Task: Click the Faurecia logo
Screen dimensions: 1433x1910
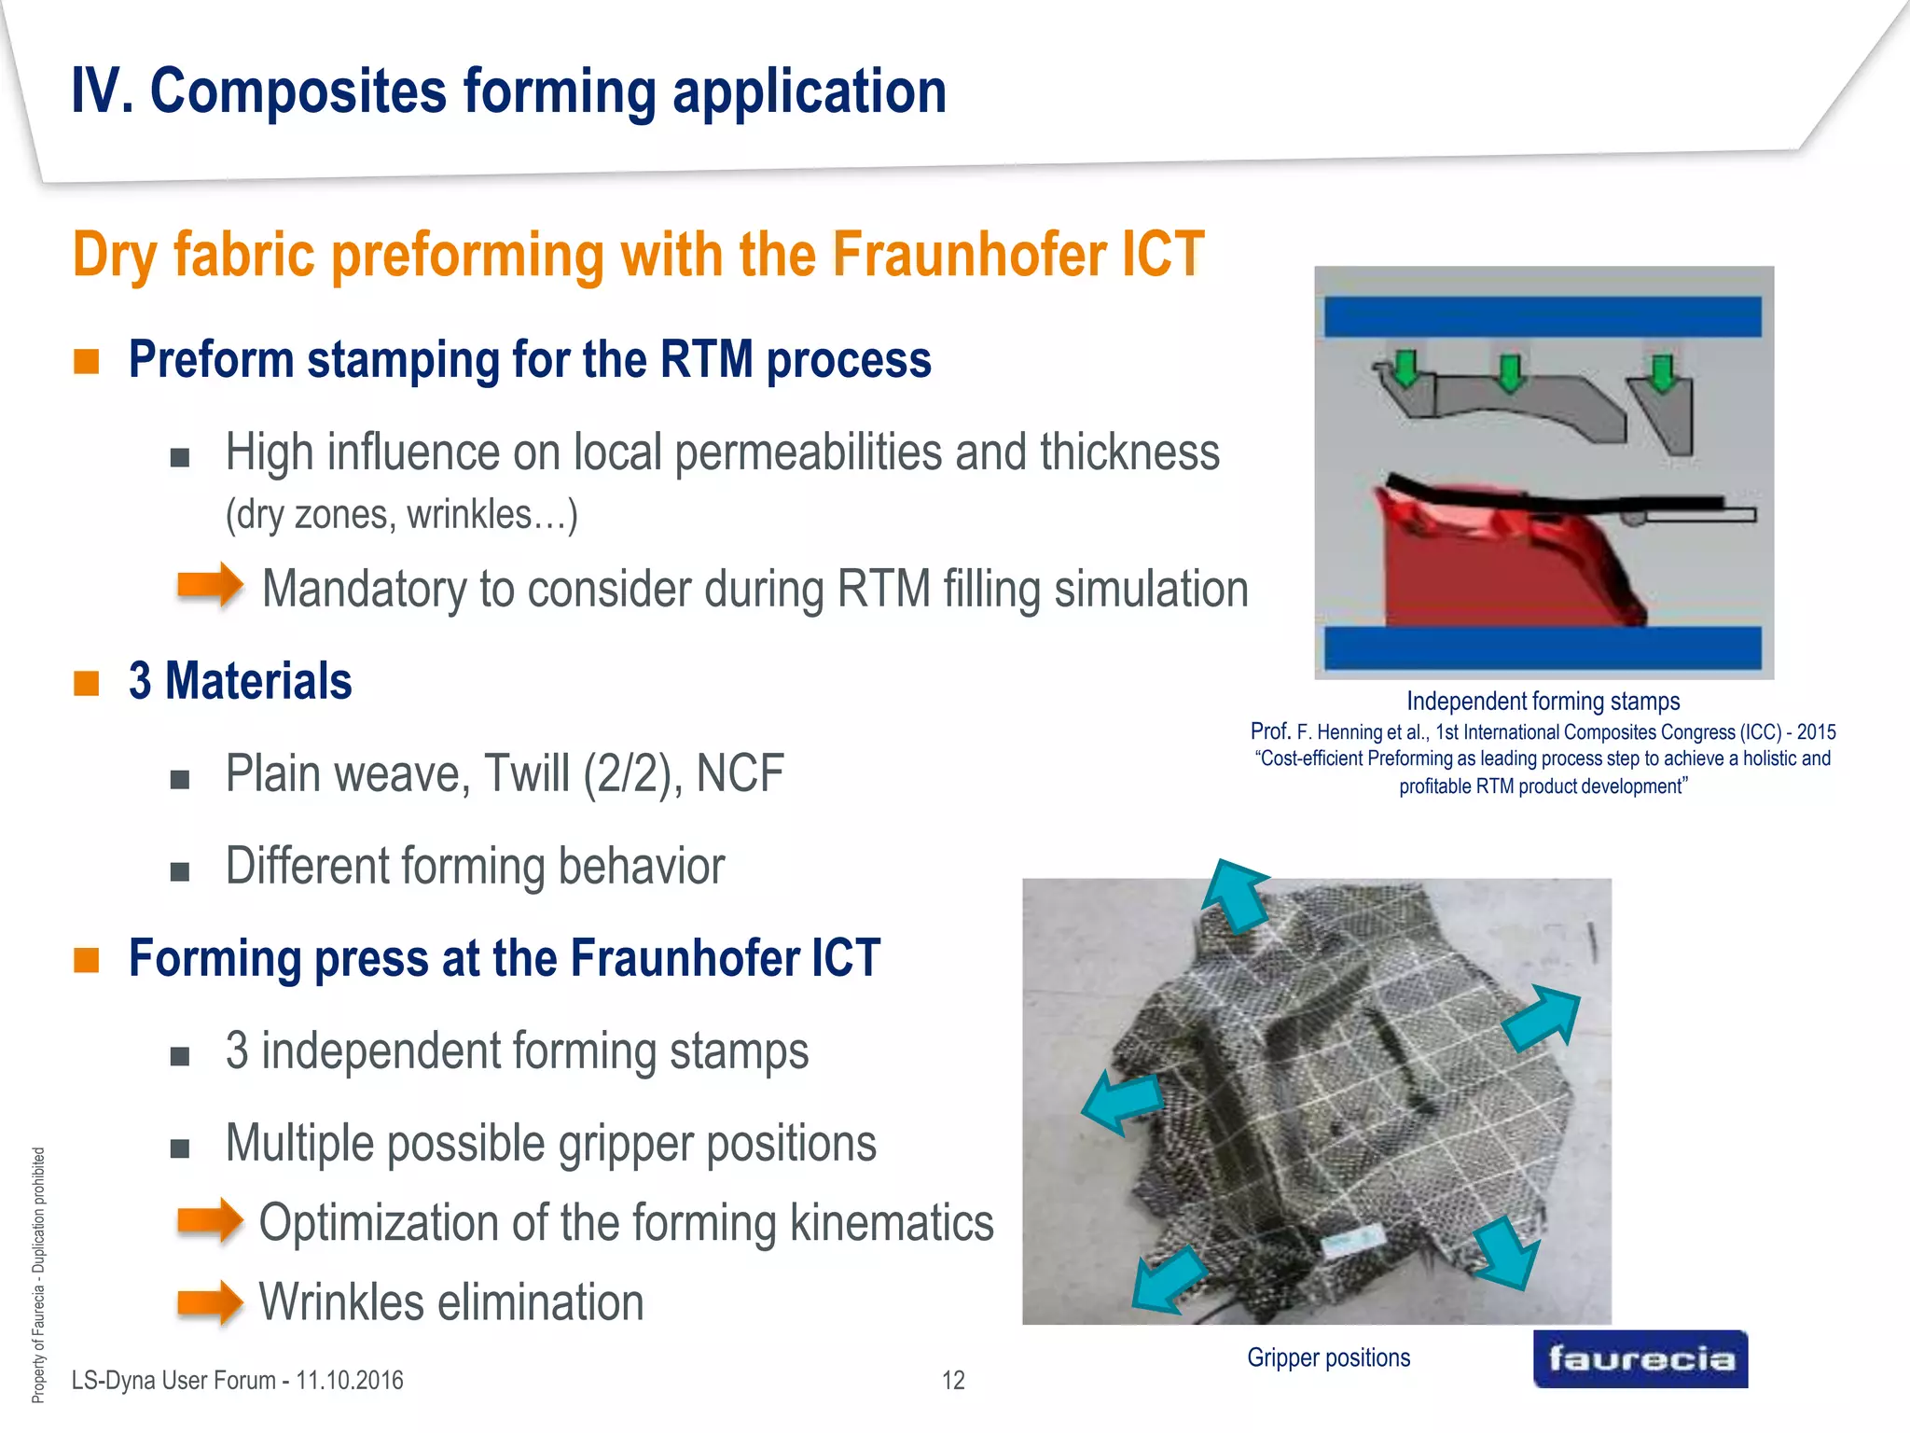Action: click(1640, 1358)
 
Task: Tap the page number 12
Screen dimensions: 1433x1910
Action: click(953, 1380)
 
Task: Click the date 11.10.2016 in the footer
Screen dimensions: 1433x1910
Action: click(350, 1380)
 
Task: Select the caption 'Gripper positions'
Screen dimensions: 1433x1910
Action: click(1328, 1357)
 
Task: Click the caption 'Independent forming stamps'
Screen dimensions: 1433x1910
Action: click(1543, 701)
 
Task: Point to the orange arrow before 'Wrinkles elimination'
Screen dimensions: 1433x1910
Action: click(211, 1301)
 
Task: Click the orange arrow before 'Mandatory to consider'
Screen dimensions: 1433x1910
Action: click(211, 585)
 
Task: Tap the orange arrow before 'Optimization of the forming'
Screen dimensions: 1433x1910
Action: click(211, 1220)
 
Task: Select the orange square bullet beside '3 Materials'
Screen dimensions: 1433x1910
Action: click(87, 682)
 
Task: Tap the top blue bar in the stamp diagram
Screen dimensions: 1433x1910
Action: click(1543, 317)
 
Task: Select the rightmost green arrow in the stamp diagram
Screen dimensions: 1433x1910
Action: click(1662, 373)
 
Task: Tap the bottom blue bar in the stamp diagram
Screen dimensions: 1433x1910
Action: click(1543, 647)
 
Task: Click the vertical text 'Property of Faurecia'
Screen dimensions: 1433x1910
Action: click(38, 1325)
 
